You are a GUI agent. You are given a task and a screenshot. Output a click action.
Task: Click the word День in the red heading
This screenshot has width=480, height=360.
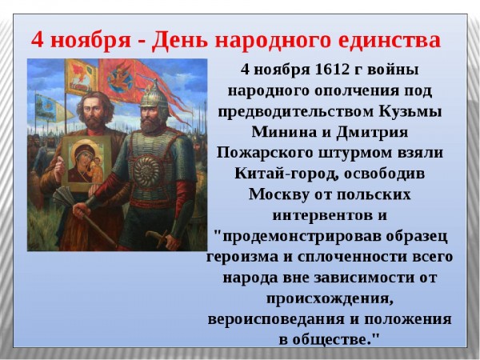180,40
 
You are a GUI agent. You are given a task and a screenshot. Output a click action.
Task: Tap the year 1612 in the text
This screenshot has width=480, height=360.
332,70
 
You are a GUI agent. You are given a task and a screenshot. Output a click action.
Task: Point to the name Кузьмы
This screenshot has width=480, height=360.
410,111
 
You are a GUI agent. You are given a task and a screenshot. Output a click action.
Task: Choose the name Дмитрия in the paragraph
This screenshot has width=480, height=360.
372,133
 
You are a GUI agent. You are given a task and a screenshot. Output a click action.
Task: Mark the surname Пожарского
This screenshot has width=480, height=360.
265,153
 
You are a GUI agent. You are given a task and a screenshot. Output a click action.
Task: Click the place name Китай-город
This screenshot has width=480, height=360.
286,174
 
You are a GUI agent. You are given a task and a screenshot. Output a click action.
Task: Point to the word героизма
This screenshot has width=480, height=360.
242,257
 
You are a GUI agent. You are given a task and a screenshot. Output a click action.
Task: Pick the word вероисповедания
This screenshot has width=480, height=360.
276,319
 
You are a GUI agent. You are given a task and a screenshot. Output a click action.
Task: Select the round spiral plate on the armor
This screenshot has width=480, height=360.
146,172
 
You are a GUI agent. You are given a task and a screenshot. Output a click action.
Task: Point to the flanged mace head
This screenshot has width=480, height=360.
65,196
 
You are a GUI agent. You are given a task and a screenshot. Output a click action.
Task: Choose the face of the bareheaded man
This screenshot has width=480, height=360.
94,112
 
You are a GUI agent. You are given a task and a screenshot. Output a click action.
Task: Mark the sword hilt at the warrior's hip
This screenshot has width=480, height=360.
158,238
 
